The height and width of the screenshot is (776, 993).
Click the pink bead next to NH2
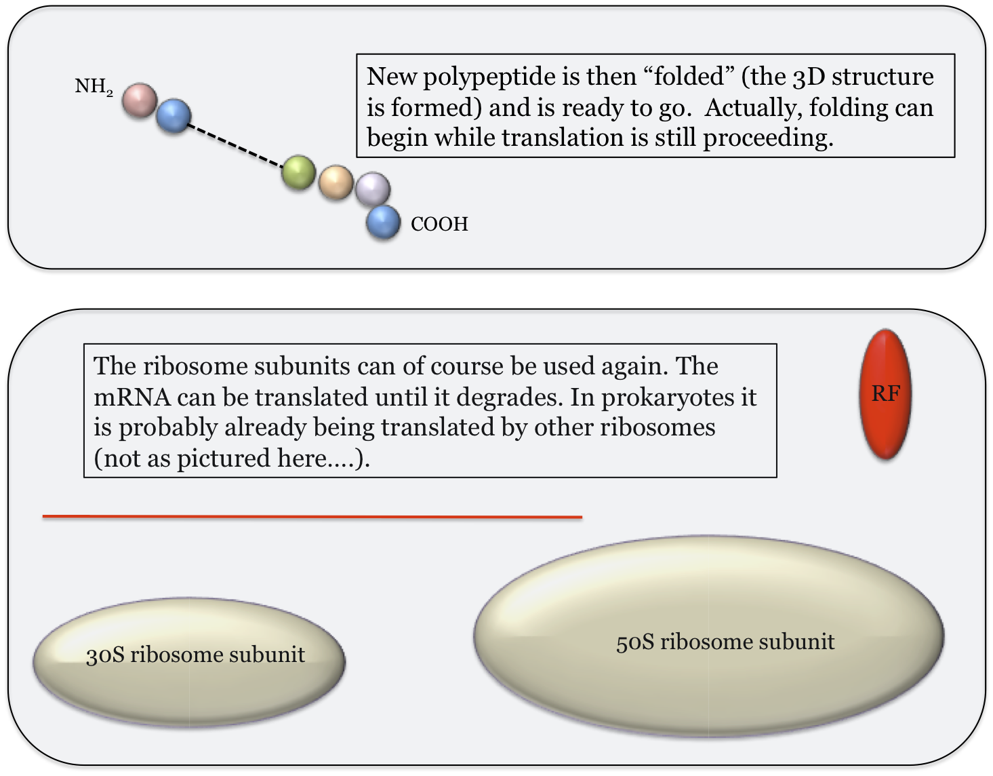pyautogui.click(x=140, y=100)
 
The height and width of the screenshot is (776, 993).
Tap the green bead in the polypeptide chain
pyautogui.click(x=298, y=173)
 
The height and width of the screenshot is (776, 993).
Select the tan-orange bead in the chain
pyautogui.click(x=336, y=182)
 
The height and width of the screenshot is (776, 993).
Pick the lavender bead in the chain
pyautogui.click(x=373, y=189)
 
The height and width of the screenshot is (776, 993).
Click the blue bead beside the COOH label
pyautogui.click(x=384, y=222)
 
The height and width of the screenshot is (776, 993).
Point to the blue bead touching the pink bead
pyautogui.click(x=174, y=116)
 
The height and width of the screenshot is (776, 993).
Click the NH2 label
pyautogui.click(x=94, y=86)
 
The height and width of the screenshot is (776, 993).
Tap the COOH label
pyautogui.click(x=440, y=224)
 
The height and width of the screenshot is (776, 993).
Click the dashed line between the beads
pyautogui.click(x=236, y=145)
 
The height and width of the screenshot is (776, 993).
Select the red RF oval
pyautogui.click(x=886, y=393)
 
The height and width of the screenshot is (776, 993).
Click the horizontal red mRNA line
pyautogui.click(x=312, y=517)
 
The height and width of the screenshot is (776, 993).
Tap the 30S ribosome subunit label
pyautogui.click(x=196, y=655)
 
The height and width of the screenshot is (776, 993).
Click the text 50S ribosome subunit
pyautogui.click(x=725, y=642)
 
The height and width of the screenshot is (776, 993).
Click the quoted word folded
pyautogui.click(x=689, y=76)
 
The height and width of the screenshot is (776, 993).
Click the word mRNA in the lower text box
pyautogui.click(x=133, y=397)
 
